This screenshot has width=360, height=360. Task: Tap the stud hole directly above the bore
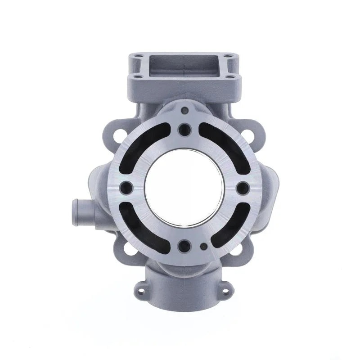click(x=184, y=130)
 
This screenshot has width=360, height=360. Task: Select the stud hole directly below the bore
click(x=184, y=246)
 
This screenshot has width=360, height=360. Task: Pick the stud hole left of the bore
click(x=126, y=187)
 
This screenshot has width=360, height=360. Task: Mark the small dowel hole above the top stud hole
click(x=184, y=109)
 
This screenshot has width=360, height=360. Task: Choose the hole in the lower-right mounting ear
click(x=235, y=248)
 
